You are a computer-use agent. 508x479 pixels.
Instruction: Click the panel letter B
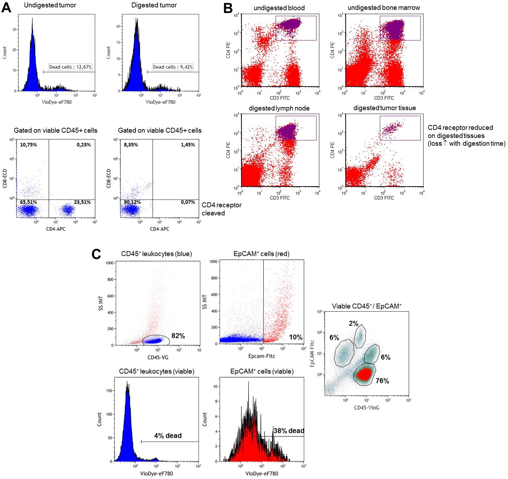click(x=228, y=8)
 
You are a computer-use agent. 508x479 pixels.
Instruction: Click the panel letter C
click(x=96, y=254)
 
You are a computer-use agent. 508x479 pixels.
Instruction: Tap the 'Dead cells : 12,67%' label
click(x=70, y=67)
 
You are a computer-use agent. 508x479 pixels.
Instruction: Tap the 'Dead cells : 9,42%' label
click(x=173, y=67)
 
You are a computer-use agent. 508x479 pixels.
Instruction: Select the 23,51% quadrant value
click(x=82, y=202)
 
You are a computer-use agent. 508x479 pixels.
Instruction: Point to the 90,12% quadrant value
click(x=132, y=202)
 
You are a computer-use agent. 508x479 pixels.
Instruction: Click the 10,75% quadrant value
click(x=29, y=145)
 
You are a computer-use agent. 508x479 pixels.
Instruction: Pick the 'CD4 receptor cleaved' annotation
click(x=221, y=209)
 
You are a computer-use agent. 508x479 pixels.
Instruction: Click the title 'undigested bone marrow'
click(x=383, y=7)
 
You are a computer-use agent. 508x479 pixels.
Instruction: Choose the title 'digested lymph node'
click(x=279, y=108)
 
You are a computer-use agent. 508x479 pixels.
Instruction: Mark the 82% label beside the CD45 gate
click(x=178, y=336)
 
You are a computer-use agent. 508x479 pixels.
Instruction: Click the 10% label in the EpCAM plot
click(x=296, y=337)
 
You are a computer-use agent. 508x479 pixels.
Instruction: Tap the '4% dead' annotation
click(x=168, y=436)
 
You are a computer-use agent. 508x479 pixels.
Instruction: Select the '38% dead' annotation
click(x=289, y=431)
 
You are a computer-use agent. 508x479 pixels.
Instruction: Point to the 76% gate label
click(x=382, y=381)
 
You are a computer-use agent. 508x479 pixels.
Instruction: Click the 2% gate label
click(x=353, y=323)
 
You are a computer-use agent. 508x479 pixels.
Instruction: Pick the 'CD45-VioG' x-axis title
click(x=366, y=408)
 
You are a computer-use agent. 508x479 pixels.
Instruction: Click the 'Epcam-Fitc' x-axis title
click(x=262, y=356)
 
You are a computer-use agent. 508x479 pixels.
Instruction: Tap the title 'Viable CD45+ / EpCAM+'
click(x=366, y=306)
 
